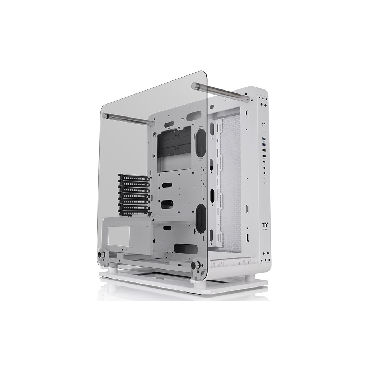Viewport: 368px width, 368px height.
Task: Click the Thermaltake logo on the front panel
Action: [264, 226]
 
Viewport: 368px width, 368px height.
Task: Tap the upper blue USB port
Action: [264, 139]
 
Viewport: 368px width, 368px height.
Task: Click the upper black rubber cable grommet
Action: [201, 143]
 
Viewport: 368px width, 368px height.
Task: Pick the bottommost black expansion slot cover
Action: [134, 213]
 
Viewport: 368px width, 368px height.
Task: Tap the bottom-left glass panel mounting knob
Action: [101, 253]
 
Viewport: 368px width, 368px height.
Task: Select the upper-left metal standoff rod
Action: [128, 119]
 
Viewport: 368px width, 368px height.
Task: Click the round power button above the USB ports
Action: [264, 127]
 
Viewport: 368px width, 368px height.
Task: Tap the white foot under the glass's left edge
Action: [113, 268]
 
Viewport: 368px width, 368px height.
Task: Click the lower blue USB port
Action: [264, 144]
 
